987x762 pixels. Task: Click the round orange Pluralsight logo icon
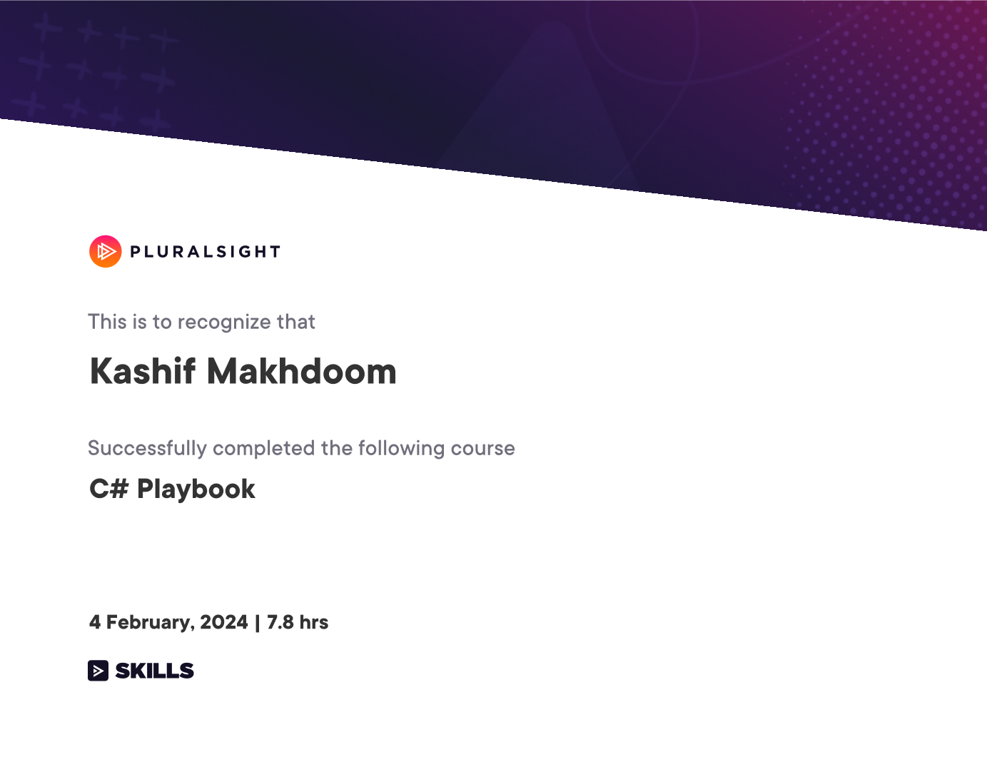click(x=106, y=251)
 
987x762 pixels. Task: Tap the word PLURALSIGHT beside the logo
click(x=206, y=252)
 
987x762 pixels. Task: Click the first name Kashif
click(x=142, y=372)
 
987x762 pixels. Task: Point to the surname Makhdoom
click(x=302, y=372)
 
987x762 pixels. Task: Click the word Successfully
click(x=147, y=449)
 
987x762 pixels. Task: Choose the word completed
click(x=264, y=449)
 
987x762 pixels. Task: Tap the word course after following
click(x=483, y=449)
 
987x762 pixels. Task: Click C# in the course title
click(x=109, y=489)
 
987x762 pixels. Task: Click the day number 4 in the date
click(x=94, y=622)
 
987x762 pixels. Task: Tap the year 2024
click(x=224, y=622)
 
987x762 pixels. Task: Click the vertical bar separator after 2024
click(x=258, y=623)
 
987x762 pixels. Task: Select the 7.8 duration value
click(x=280, y=622)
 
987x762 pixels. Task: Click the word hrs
click(x=313, y=622)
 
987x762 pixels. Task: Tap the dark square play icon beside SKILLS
click(x=98, y=671)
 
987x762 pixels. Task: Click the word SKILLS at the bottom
click(x=154, y=671)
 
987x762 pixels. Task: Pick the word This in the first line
click(x=107, y=322)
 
